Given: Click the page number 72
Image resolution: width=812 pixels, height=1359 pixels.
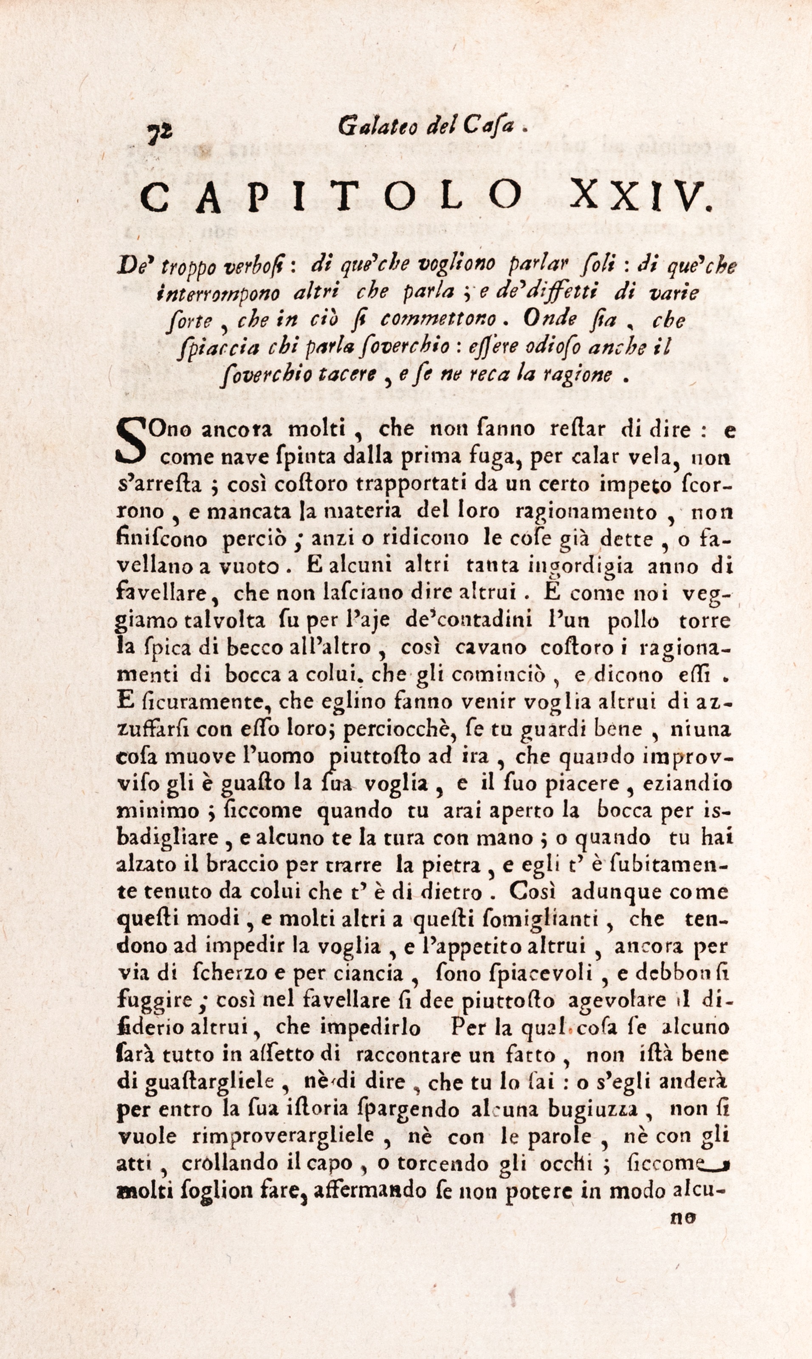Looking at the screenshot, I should [x=160, y=133].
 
